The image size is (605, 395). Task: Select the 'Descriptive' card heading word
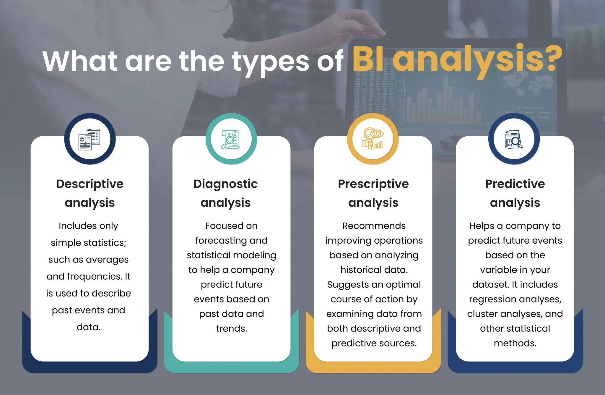[x=90, y=184]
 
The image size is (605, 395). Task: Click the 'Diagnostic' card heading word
[x=226, y=184]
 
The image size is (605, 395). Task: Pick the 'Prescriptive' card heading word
[x=373, y=184]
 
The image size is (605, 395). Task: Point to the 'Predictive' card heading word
[x=515, y=184]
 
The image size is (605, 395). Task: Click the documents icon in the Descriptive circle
[x=90, y=139]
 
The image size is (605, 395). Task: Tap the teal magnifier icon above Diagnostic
[x=230, y=139]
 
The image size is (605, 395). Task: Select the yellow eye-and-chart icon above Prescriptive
[x=373, y=138]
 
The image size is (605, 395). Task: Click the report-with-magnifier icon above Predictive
[x=514, y=139]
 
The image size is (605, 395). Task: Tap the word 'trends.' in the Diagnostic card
[x=232, y=328]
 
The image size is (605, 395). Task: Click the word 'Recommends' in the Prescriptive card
[x=374, y=226]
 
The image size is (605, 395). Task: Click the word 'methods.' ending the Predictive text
[x=515, y=343]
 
